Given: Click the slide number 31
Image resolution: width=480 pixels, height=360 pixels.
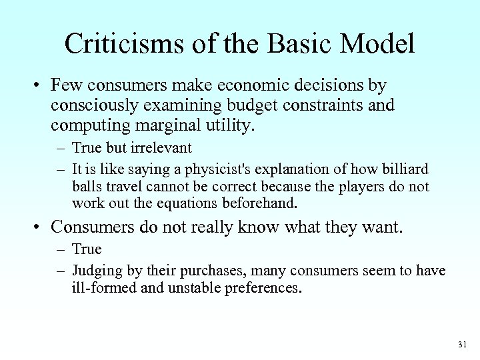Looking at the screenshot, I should pyautogui.click(x=462, y=345).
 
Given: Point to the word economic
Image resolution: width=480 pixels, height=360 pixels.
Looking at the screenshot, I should pyautogui.click(x=241, y=87).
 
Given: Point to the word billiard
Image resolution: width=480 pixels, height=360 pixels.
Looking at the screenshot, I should pyautogui.click(x=405, y=170).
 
